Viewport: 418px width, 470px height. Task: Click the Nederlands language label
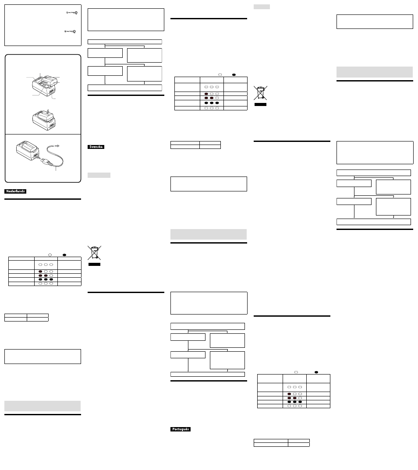point(15,191)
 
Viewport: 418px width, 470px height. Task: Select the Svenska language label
point(96,147)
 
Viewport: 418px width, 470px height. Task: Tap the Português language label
point(181,429)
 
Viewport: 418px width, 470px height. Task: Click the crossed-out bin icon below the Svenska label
point(95,253)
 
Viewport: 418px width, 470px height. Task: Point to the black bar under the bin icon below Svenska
point(95,265)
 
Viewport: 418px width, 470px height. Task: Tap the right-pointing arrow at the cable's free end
point(56,146)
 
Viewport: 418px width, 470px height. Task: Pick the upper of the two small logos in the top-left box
point(72,13)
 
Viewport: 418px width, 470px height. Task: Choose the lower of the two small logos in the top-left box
point(70,32)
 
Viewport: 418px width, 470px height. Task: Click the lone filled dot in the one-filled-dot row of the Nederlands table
point(40,272)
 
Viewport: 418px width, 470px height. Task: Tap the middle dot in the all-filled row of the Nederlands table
point(46,279)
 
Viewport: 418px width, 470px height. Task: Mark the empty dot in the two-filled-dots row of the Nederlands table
point(51,276)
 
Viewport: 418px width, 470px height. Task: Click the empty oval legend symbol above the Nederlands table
point(50,255)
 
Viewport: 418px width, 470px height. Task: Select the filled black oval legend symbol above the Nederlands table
point(64,255)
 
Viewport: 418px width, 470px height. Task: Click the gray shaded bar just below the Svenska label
point(99,175)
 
